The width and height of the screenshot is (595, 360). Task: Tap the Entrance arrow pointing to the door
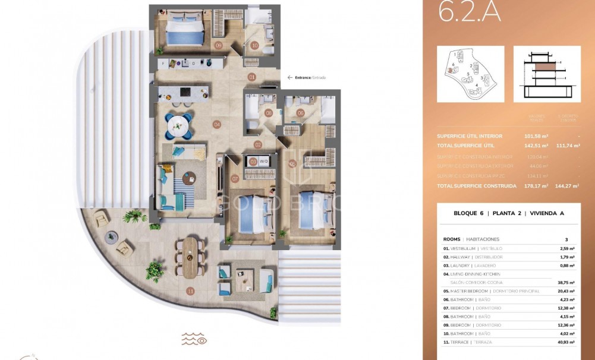coord(289,77)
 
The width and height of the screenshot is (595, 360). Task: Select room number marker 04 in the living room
coord(217,125)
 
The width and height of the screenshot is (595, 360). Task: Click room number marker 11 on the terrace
coord(190,291)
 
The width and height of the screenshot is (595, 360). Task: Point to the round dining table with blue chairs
coord(178,125)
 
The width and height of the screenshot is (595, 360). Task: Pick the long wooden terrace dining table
coord(190,258)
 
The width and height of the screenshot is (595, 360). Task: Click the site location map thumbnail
coord(470,74)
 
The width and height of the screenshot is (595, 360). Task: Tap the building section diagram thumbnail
coord(547,74)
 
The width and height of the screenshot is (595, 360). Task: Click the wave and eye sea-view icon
coord(194,339)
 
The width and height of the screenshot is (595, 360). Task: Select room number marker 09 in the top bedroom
coord(219,45)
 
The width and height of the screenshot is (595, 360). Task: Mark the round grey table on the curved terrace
coord(111,237)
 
